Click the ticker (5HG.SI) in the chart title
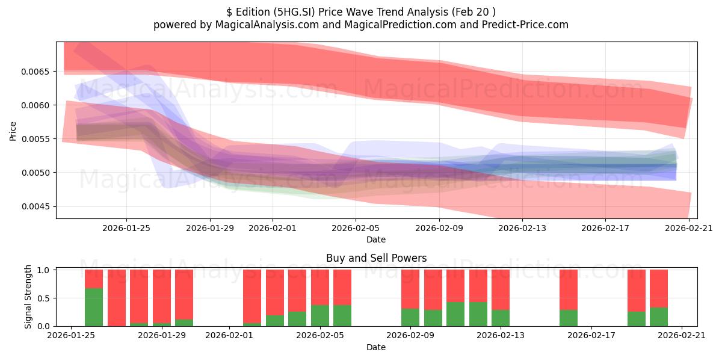click(x=294, y=12)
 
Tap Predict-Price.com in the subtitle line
click(x=525, y=25)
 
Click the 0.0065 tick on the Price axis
click(x=35, y=72)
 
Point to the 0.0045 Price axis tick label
click(x=35, y=206)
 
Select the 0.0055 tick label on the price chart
click(x=35, y=139)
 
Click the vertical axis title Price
click(x=13, y=131)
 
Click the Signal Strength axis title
click(x=28, y=297)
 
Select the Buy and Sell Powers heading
click(x=376, y=258)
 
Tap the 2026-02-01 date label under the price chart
click(x=273, y=228)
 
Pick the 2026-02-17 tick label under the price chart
click(x=605, y=228)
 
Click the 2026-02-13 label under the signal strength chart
click(x=500, y=336)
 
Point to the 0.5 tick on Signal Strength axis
click(x=43, y=298)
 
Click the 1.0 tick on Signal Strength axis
click(x=43, y=270)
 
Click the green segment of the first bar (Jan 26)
click(x=94, y=307)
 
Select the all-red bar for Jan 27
click(x=116, y=298)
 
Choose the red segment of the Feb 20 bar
click(x=658, y=289)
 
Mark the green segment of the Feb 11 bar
click(x=455, y=314)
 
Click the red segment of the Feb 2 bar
click(x=252, y=297)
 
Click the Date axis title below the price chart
click(x=376, y=239)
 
